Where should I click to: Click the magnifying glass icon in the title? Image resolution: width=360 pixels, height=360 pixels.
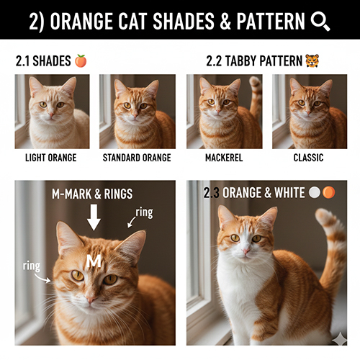pyautogui.click(x=320, y=20)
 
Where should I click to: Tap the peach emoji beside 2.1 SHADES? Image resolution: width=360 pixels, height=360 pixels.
pyautogui.click(x=81, y=61)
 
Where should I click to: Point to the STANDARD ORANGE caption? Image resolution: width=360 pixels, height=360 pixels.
pyautogui.click(x=137, y=157)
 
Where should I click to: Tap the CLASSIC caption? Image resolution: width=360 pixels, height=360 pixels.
pyautogui.click(x=309, y=157)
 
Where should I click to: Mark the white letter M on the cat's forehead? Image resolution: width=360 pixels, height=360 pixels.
pyautogui.click(x=94, y=263)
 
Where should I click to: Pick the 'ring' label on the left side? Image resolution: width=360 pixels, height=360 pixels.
pyautogui.click(x=31, y=266)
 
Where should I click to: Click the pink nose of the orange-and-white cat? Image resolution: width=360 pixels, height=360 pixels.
pyautogui.click(x=246, y=252)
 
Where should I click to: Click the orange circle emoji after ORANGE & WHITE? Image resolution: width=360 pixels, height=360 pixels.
pyautogui.click(x=328, y=193)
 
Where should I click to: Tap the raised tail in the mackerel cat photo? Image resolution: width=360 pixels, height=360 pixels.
pyautogui.click(x=255, y=97)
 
